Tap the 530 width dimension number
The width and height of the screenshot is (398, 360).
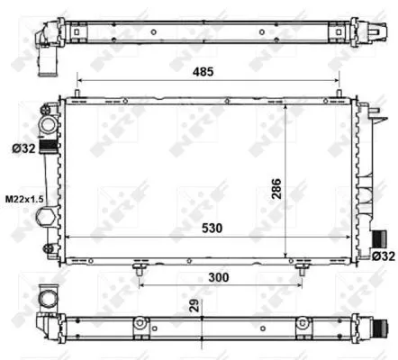click(213, 229)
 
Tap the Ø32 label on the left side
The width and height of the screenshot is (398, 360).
click(23, 149)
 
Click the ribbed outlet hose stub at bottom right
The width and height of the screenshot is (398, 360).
click(379, 240)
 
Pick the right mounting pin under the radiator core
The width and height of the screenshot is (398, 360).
click(300, 266)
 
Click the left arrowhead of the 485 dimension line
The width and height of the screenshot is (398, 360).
click(81, 79)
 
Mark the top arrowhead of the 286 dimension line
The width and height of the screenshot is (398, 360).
click(285, 105)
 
